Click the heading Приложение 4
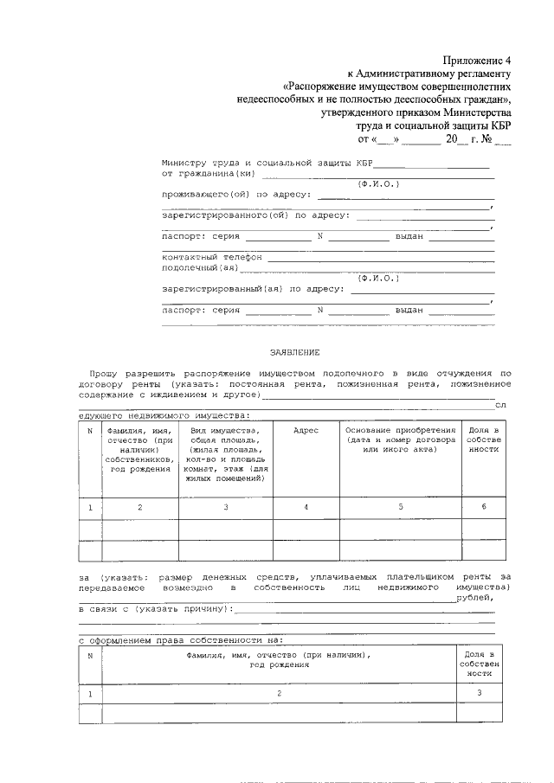[478, 60]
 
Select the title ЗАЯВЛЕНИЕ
[294, 352]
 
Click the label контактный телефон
[210, 258]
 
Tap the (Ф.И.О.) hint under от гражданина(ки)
[378, 183]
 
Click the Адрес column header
[306, 430]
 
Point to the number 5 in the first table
[400, 506]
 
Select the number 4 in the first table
[306, 506]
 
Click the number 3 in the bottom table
[479, 693]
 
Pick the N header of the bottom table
[90, 655]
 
